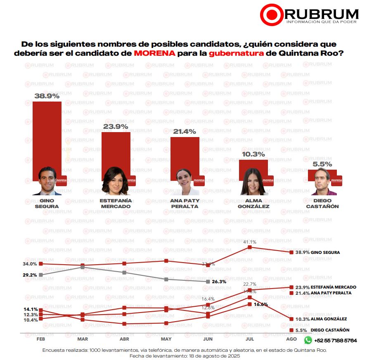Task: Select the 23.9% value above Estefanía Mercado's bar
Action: click(116, 127)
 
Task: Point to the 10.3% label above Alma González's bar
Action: click(253, 154)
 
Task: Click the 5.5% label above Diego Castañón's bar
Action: click(322, 164)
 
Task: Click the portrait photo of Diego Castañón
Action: click(324, 182)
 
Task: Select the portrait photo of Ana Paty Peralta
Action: click(185, 182)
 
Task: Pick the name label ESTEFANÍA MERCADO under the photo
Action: click(116, 203)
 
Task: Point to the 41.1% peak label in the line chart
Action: click(249, 242)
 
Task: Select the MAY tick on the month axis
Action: click(166, 339)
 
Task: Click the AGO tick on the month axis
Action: click(291, 339)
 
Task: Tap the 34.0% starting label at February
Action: click(31, 264)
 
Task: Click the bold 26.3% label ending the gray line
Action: click(219, 282)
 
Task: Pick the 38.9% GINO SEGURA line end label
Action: click(317, 252)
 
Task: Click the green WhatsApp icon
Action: click(308, 340)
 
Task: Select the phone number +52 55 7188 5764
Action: click(336, 341)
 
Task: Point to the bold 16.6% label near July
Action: click(261, 304)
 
